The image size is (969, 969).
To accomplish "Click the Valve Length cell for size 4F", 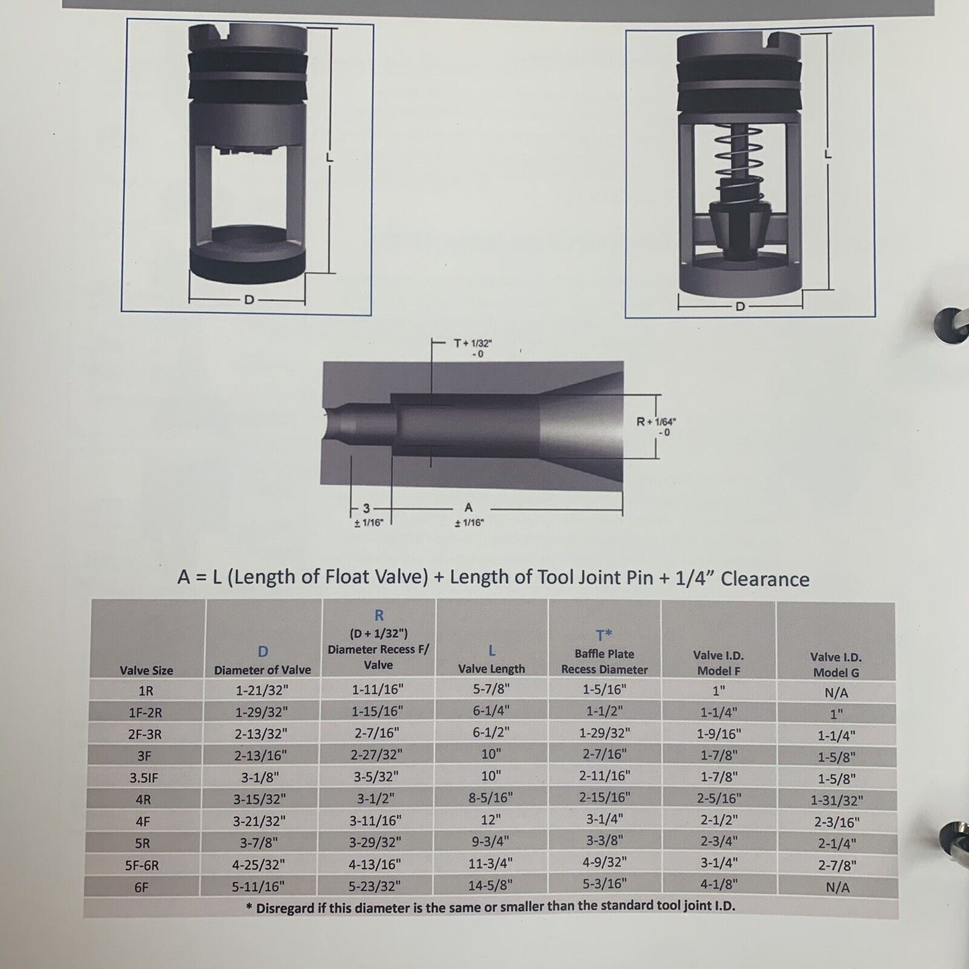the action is point(491,819).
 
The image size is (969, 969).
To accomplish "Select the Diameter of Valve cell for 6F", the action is point(258,887).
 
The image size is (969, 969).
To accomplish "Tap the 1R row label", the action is point(146,691).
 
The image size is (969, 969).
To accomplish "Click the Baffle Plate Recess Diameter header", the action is point(604,654).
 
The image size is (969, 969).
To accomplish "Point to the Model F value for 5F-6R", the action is point(719,863).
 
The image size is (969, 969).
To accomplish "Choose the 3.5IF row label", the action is point(144,778).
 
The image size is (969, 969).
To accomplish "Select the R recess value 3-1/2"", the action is point(376,798).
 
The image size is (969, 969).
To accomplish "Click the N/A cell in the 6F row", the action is point(838,888).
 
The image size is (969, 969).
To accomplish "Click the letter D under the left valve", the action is point(249,300).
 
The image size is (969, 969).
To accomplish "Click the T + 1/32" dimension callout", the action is point(473,348).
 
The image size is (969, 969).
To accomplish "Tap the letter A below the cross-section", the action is point(469,507).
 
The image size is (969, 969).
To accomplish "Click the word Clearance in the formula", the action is point(765,579).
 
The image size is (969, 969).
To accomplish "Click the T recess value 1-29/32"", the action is point(604,733).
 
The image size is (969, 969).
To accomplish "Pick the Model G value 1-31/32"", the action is point(837,800).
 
